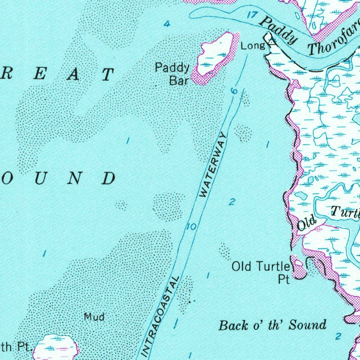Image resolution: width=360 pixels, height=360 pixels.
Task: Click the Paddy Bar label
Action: [x=173, y=74]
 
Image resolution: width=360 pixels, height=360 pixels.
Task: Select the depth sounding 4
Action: [x=167, y=24]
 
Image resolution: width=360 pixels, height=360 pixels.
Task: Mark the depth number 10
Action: [x=192, y=227]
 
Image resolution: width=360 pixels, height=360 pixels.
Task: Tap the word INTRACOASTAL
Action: [x=160, y=315]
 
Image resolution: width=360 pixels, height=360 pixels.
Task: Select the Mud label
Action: [x=94, y=317]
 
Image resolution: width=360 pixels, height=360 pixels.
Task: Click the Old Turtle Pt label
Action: [x=261, y=272]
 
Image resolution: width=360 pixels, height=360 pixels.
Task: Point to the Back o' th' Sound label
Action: [x=272, y=325]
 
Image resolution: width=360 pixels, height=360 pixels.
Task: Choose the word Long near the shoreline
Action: [x=252, y=46]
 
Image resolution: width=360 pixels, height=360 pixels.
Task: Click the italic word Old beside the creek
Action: [x=307, y=224]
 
